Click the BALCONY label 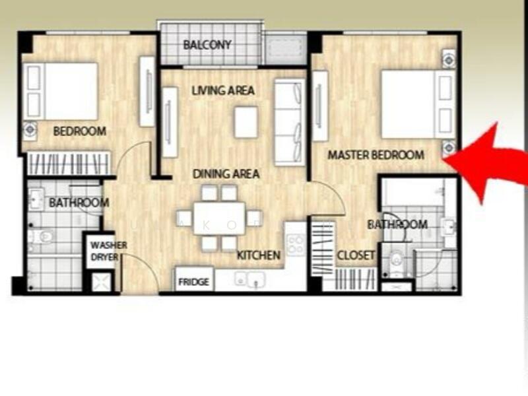pyautogui.click(x=207, y=45)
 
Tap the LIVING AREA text pyautogui.click(x=223, y=90)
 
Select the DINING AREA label pyautogui.click(x=226, y=174)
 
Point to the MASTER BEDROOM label pyautogui.click(x=376, y=155)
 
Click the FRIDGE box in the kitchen pyautogui.click(x=194, y=279)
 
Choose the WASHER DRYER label pyautogui.click(x=108, y=251)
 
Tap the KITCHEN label pyautogui.click(x=258, y=255)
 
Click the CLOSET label pyautogui.click(x=356, y=255)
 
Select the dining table pyautogui.click(x=219, y=218)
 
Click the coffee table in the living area pyautogui.click(x=246, y=122)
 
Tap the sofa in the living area pyautogui.click(x=290, y=122)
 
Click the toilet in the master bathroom pyautogui.click(x=396, y=260)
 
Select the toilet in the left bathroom pyautogui.click(x=41, y=236)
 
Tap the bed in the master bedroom pyautogui.click(x=418, y=104)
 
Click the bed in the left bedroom pyautogui.click(x=61, y=91)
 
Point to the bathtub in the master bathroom pyautogui.click(x=414, y=192)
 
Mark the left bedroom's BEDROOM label pyautogui.click(x=80, y=131)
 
